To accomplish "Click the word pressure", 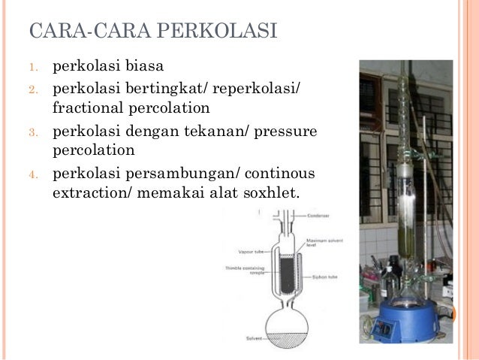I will pyautogui.click(x=286, y=133).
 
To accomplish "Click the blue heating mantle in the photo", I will pyautogui.click(x=409, y=319).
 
